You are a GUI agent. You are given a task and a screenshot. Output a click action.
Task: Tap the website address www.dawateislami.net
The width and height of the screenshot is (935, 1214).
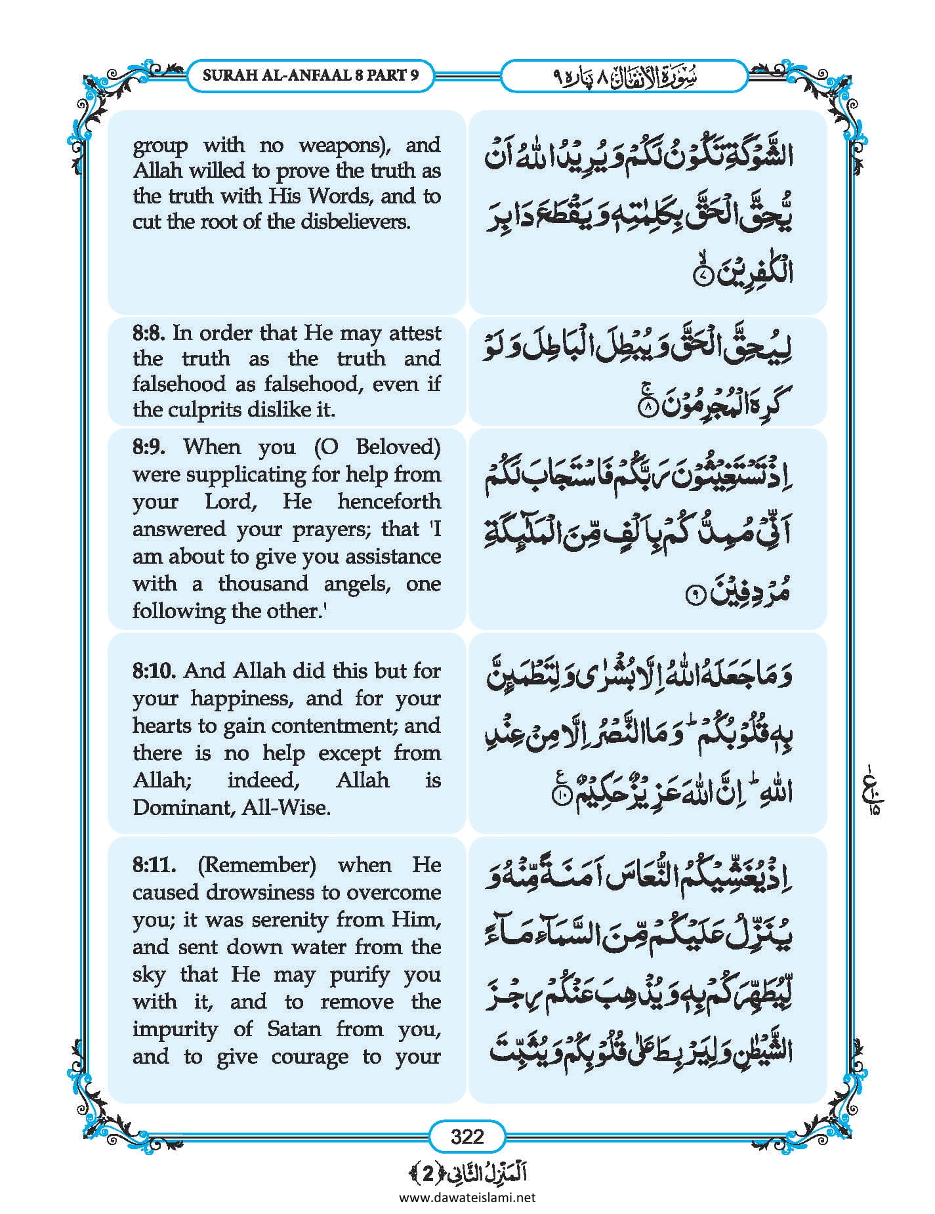467,1197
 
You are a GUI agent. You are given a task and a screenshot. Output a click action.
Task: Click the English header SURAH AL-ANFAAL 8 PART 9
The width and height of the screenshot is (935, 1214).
310,75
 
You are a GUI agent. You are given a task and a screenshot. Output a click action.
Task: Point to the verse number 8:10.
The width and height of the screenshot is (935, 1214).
155,671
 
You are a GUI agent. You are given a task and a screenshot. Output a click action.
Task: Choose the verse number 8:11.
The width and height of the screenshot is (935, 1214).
154,865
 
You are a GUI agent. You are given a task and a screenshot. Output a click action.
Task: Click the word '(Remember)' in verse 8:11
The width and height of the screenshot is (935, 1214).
257,865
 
